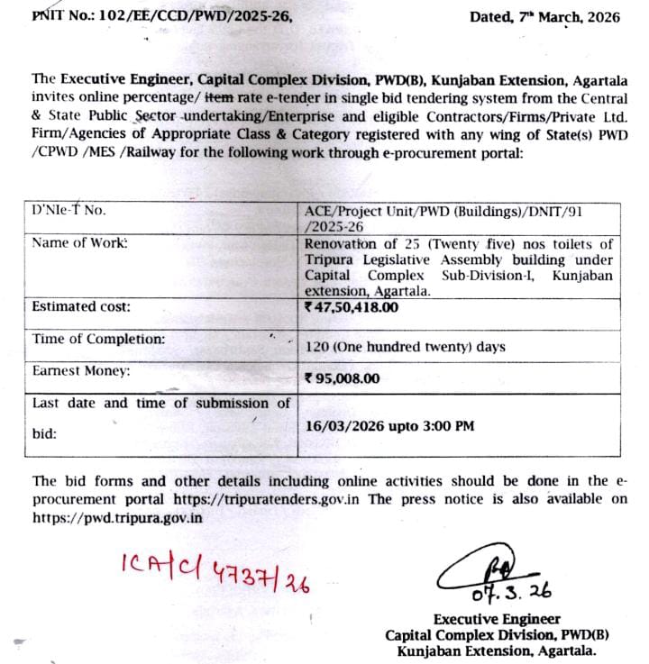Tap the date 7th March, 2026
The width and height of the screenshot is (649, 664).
(x=544, y=16)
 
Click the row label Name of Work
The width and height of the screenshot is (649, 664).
(x=79, y=242)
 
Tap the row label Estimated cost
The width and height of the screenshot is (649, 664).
(x=81, y=307)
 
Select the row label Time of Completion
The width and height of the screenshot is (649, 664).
(x=98, y=340)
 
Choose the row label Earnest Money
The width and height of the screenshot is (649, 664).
(x=81, y=370)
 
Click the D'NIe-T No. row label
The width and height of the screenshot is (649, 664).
(x=69, y=210)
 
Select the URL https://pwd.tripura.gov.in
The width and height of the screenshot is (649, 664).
(x=117, y=517)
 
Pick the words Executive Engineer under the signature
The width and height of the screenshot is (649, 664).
(x=497, y=619)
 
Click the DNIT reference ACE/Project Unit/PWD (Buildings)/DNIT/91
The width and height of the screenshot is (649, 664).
(x=458, y=210)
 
